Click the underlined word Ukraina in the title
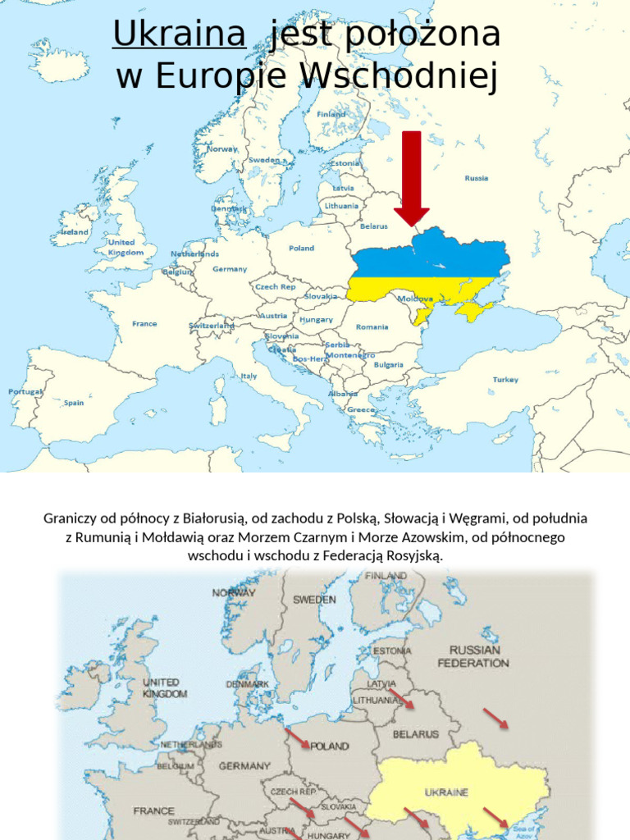(179, 34)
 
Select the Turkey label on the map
(505, 380)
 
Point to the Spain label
(74, 403)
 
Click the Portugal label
(25, 392)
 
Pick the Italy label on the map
(249, 376)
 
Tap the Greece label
(361, 409)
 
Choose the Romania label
(372, 326)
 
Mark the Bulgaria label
(388, 364)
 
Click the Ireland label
(75, 232)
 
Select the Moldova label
(416, 299)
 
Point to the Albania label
(343, 394)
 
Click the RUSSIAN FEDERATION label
(473, 655)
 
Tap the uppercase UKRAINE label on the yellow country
(446, 792)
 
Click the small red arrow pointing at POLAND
(297, 737)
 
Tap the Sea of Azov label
(523, 830)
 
